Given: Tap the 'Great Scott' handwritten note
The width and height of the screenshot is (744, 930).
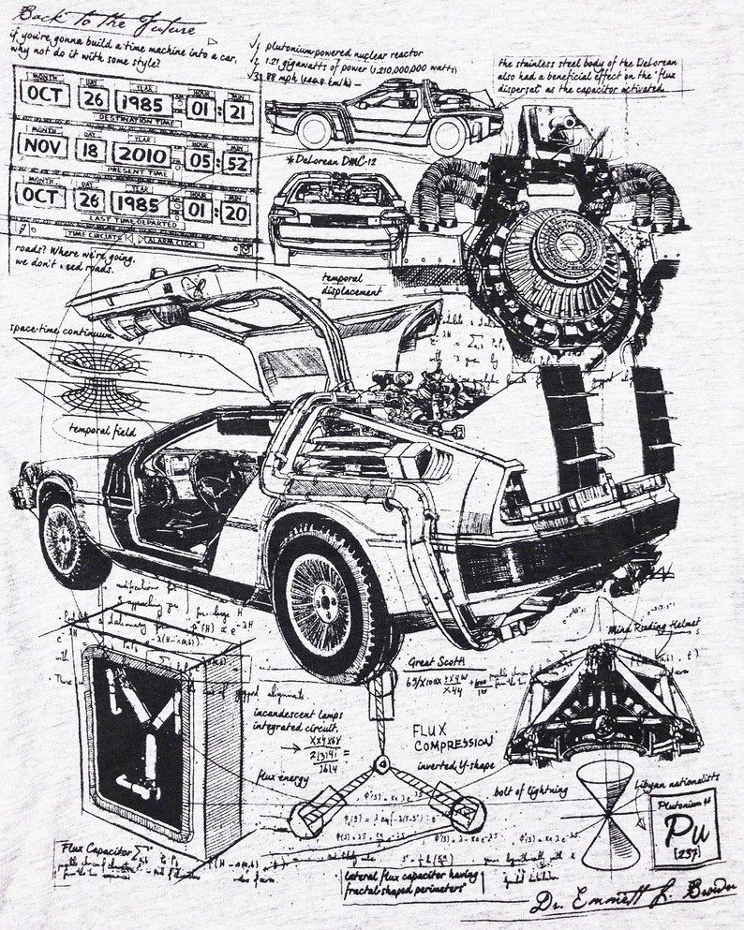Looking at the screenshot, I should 436,662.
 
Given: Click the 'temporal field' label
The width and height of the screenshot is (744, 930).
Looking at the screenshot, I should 100,431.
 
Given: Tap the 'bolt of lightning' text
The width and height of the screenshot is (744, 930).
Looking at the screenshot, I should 529,790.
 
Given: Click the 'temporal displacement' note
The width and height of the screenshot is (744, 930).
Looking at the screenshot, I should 351,284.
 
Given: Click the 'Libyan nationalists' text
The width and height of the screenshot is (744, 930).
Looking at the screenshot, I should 677,777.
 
